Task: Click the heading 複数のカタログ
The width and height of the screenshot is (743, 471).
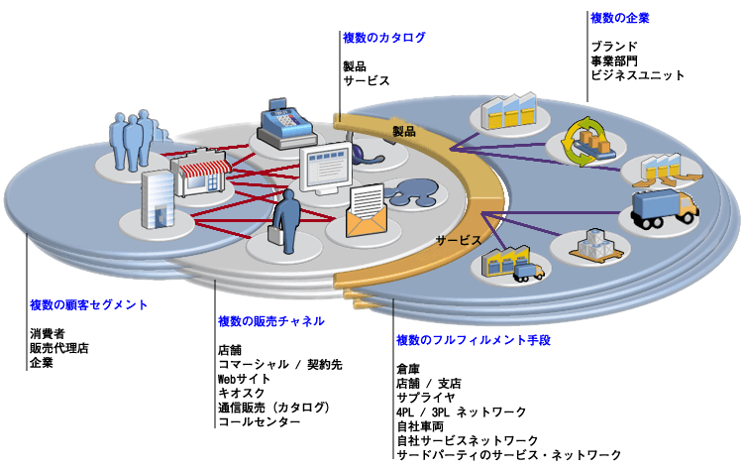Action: (383, 38)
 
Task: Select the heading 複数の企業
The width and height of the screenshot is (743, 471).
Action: (620, 18)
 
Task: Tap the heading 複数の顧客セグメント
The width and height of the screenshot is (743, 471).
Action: (88, 304)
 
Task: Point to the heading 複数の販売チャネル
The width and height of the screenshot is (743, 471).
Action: (270, 321)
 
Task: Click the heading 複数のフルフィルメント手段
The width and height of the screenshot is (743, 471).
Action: (473, 340)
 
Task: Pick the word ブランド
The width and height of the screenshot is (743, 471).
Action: (614, 47)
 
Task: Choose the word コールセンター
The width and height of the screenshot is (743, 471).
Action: (260, 421)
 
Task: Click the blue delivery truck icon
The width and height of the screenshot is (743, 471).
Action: (661, 211)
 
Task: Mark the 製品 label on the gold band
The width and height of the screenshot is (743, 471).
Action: (403, 130)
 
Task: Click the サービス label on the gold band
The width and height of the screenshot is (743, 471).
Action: (458, 241)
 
